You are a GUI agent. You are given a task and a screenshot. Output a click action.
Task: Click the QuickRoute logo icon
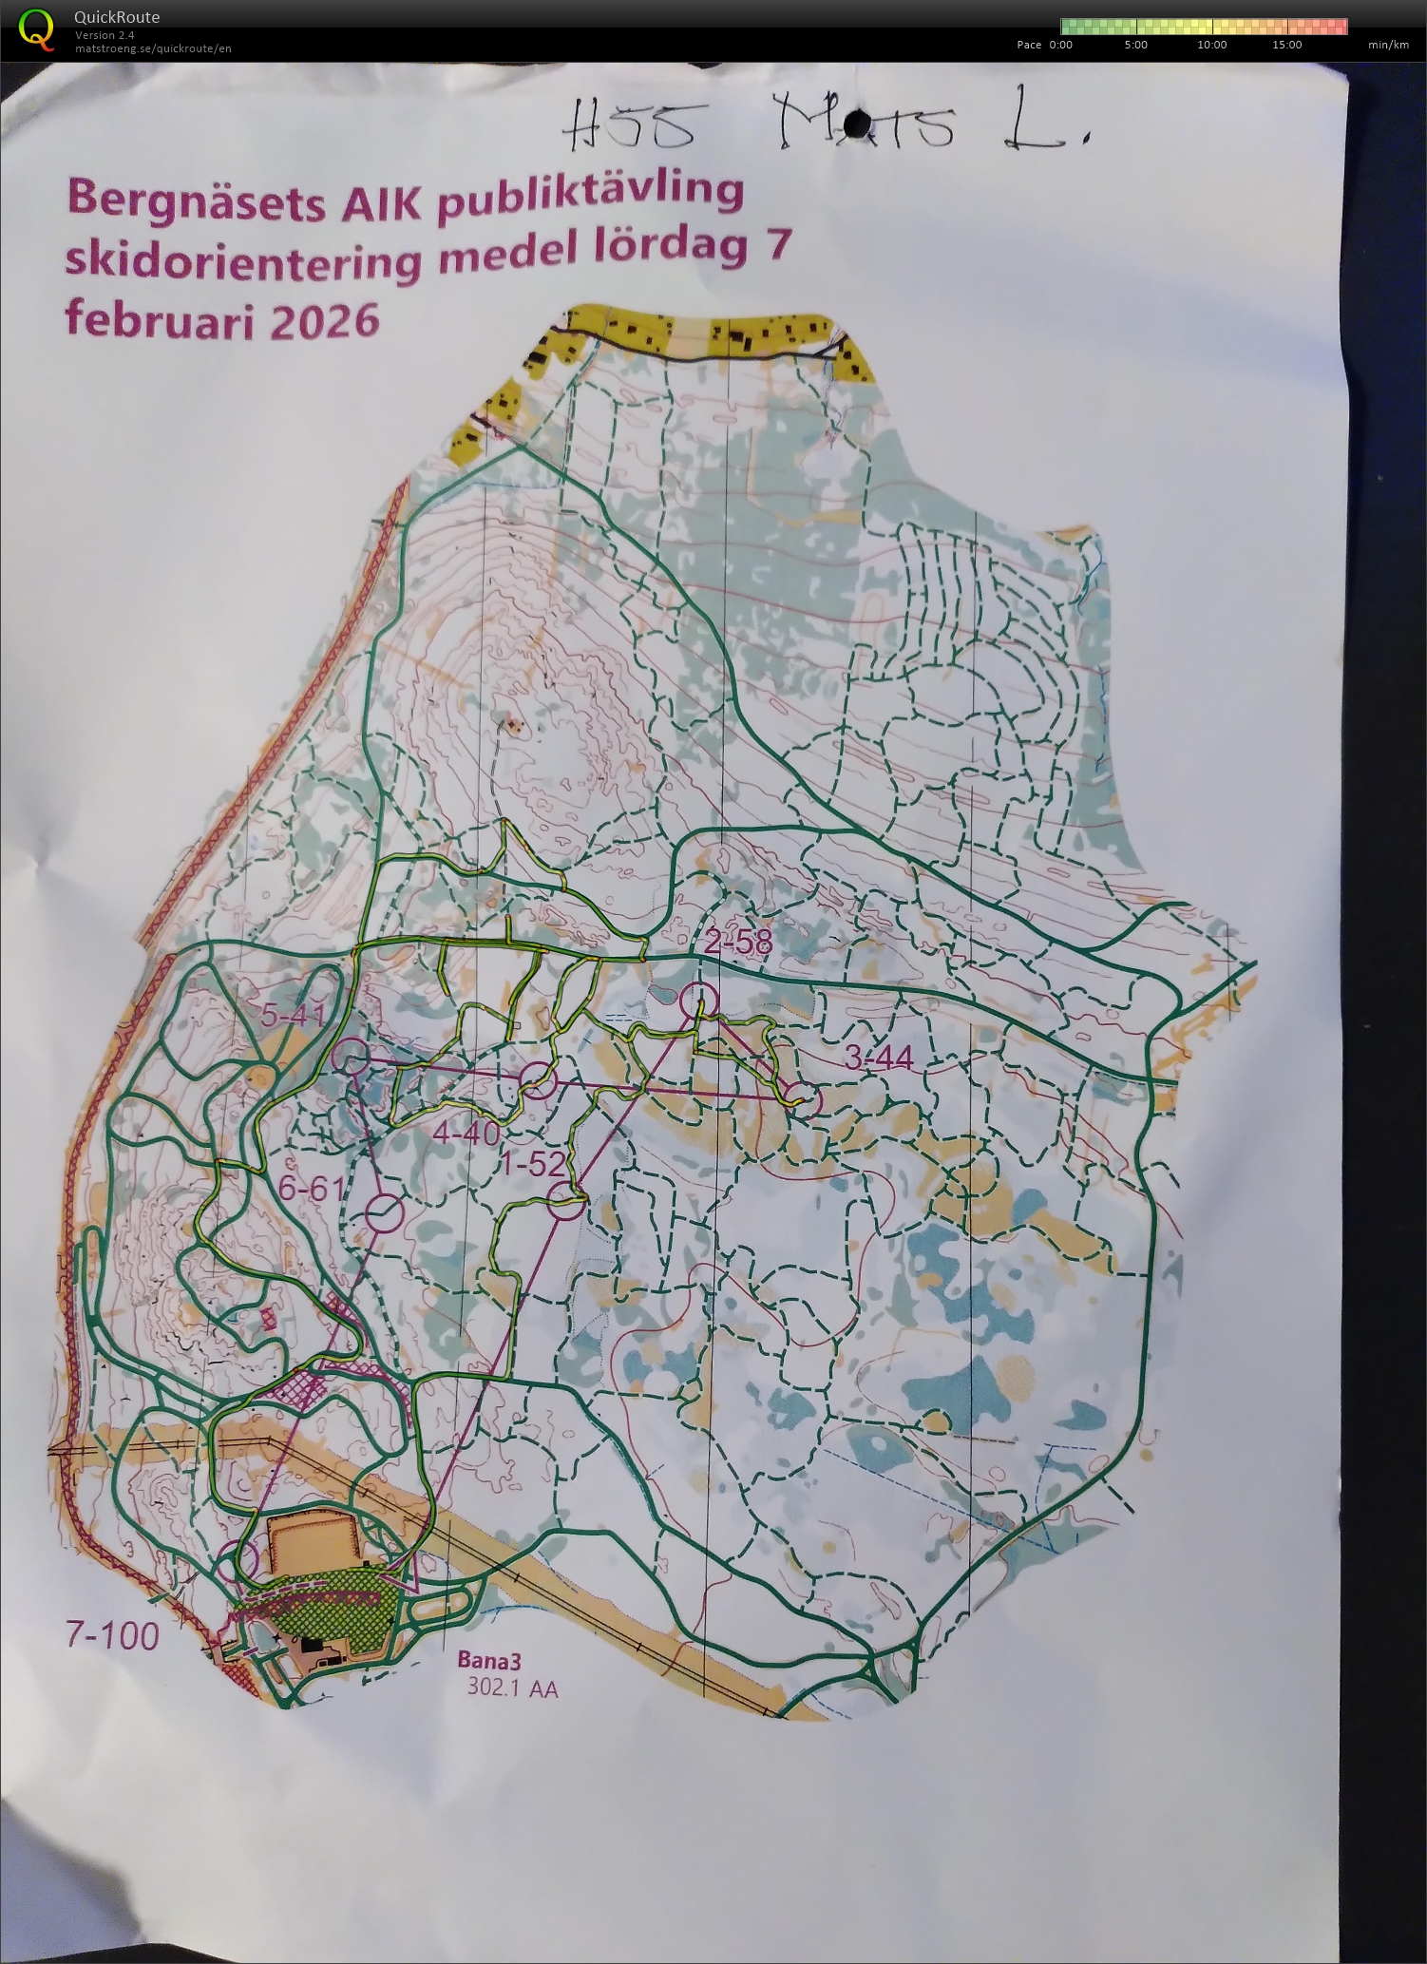coord(36,28)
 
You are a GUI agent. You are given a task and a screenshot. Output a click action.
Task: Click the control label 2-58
coord(738,943)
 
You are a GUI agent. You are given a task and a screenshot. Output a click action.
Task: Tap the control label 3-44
coord(878,1058)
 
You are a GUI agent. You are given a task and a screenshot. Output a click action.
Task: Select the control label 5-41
coord(294,1016)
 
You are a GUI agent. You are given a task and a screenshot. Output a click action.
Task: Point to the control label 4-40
coord(466,1133)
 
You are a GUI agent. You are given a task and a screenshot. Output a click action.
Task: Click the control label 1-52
coord(534,1164)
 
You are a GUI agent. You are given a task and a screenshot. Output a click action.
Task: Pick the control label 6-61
coord(311,1188)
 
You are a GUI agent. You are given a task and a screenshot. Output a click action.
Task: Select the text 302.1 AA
coord(512,1688)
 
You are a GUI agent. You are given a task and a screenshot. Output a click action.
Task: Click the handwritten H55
coord(627,126)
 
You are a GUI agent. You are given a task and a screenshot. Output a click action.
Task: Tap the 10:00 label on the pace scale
coord(1211,45)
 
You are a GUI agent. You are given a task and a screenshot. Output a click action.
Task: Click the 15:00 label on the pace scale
coord(1286,45)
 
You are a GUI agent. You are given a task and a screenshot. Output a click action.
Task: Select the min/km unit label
coord(1388,45)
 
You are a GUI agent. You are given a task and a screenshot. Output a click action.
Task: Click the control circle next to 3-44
coord(805,1100)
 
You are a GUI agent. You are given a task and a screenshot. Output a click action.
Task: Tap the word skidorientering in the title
coord(242,258)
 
